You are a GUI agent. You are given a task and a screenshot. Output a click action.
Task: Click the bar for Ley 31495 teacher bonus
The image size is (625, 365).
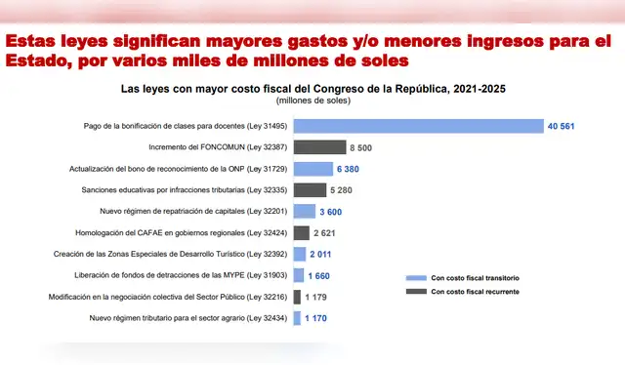pyautogui.click(x=418, y=126)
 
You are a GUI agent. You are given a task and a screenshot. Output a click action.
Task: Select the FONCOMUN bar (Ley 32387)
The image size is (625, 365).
pyautogui.click(x=319, y=147)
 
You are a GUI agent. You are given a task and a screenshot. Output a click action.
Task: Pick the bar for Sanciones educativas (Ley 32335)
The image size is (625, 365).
pyautogui.click(x=310, y=190)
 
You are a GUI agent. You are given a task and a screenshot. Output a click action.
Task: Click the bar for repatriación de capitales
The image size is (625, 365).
pyautogui.click(x=305, y=211)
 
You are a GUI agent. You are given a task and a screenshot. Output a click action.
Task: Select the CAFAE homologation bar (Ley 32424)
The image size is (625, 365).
pyautogui.click(x=302, y=232)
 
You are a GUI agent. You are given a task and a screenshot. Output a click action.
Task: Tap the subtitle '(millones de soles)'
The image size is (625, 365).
pyautogui.click(x=313, y=101)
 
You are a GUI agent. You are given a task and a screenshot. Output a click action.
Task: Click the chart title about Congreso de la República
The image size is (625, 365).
pyautogui.click(x=312, y=88)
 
